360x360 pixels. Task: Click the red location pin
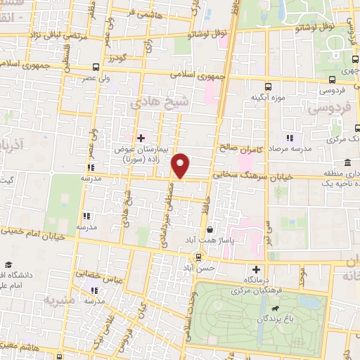point(181,166)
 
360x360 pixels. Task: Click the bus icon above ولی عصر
point(96,67)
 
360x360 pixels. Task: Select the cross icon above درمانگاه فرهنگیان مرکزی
point(256,269)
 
